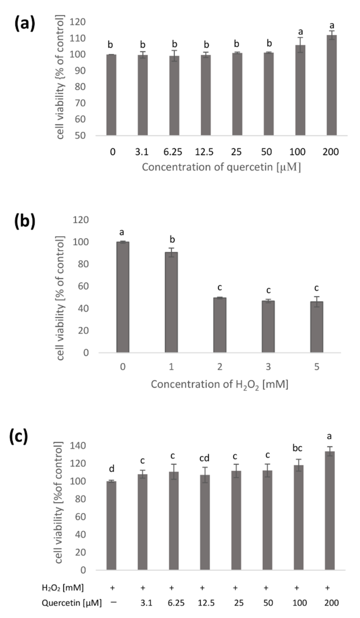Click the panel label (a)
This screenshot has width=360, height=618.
pos(24,24)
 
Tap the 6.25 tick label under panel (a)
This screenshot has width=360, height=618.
pos(173,152)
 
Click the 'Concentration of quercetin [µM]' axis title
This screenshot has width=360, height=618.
pos(221,167)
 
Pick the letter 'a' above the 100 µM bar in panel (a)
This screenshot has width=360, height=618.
pos(300,32)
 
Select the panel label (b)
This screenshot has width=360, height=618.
pos(24,221)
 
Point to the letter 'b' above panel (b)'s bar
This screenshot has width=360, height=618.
pos(172,239)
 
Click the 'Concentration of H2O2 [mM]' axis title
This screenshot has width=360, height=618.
pos(219,384)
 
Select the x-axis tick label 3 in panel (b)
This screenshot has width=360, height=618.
pos(268,367)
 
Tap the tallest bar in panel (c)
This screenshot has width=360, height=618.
pos(330,511)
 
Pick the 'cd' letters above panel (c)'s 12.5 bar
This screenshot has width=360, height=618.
pos(204,458)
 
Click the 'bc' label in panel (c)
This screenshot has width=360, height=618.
pos(297,448)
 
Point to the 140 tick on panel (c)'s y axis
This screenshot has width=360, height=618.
pos(78,446)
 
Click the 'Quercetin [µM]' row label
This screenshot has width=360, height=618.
pos(72,603)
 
